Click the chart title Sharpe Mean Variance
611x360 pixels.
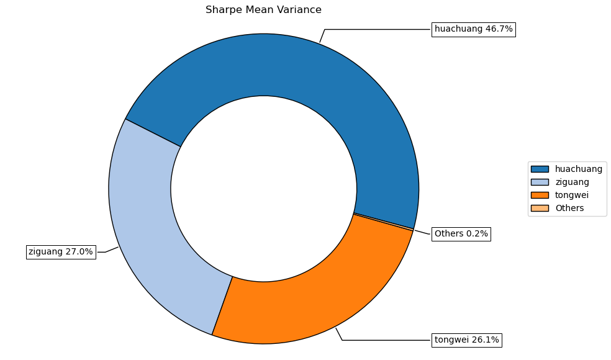(x=263, y=10)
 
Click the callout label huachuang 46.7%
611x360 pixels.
(x=473, y=29)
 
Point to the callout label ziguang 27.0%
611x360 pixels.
(x=61, y=252)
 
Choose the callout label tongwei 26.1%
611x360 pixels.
(x=466, y=340)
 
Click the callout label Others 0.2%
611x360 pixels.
(x=461, y=234)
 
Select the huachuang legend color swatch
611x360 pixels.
(x=540, y=169)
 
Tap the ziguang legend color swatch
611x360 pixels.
(x=540, y=182)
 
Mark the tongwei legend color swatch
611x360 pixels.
(x=540, y=195)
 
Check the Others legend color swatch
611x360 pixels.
(x=540, y=208)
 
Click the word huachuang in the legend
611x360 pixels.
(x=579, y=169)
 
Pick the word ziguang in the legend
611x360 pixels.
(x=572, y=182)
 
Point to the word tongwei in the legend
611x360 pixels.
(x=572, y=195)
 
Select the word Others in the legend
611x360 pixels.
(x=569, y=208)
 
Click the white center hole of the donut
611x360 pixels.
(x=263, y=189)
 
